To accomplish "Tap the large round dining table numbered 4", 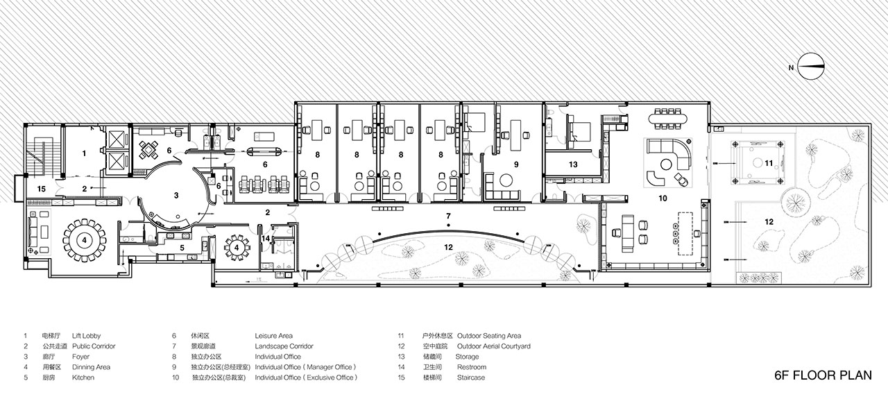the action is coord(84,240).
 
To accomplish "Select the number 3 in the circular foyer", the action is coord(176,195).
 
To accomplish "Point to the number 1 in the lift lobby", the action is coord(84,153).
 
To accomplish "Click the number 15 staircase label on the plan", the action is coord(42,189).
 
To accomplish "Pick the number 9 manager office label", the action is coord(516,164).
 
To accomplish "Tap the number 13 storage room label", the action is coord(573,164).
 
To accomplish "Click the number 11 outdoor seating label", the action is coord(769,163).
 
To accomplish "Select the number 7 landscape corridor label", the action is coord(448,217).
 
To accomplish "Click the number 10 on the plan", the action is coord(663,198).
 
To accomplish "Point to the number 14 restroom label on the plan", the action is coord(266,239).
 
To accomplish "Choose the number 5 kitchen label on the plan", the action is coord(182,248).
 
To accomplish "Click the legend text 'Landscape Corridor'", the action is coord(284,346).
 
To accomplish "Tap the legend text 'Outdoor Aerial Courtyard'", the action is coord(493,346).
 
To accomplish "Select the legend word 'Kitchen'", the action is coord(83,378).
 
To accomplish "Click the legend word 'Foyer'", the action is coord(81,357).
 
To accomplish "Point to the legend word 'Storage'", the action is coord(467,357).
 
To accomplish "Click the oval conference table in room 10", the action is coord(668,118).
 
